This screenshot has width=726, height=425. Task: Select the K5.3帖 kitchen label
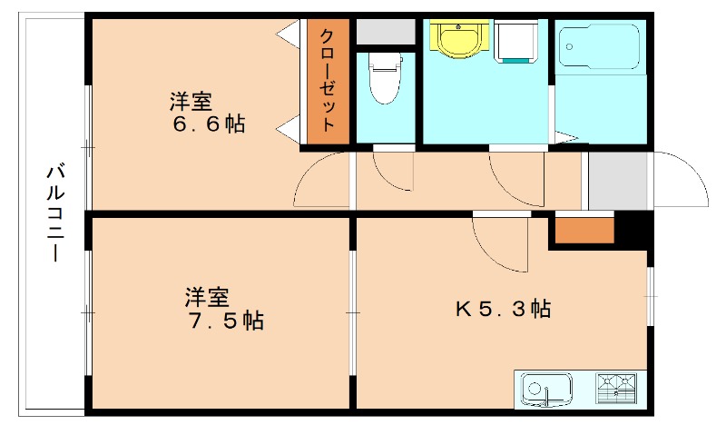(503, 309)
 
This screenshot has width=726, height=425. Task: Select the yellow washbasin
(457, 39)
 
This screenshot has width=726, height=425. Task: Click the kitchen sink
(545, 389)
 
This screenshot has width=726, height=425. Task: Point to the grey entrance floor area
(617, 180)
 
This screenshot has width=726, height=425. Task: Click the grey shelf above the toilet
(385, 31)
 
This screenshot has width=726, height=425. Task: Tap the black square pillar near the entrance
(633, 228)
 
